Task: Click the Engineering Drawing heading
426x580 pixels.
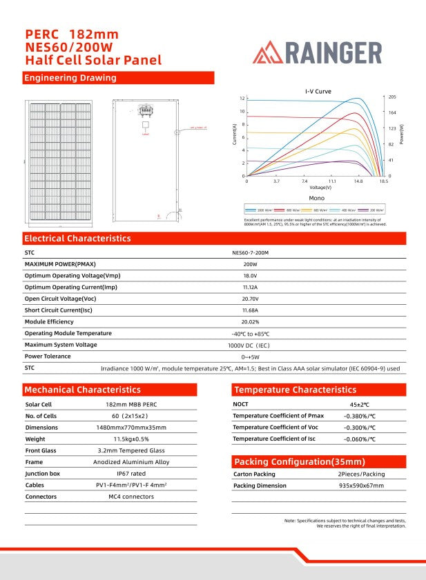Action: pyautogui.click(x=70, y=78)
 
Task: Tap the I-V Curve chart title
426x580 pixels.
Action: pyautogui.click(x=318, y=91)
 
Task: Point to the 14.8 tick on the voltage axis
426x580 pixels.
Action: pyautogui.click(x=358, y=181)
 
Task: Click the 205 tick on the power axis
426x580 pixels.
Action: pyautogui.click(x=392, y=97)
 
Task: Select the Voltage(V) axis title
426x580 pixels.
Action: pyautogui.click(x=320, y=187)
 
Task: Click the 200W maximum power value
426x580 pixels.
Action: pyautogui.click(x=250, y=264)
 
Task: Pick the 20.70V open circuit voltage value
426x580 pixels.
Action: pyautogui.click(x=250, y=299)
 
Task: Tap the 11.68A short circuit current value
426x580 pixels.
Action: pyautogui.click(x=250, y=310)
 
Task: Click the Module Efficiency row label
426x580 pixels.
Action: pyautogui.click(x=49, y=322)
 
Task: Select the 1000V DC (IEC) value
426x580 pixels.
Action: pyautogui.click(x=250, y=345)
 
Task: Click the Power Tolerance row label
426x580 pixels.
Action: pyautogui.click(x=48, y=357)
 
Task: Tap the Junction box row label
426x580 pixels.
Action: pyautogui.click(x=43, y=474)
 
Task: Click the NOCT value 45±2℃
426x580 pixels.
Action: pyautogui.click(x=359, y=405)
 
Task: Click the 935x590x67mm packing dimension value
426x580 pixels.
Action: pyautogui.click(x=361, y=486)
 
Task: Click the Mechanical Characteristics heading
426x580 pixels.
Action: pyautogui.click(x=82, y=390)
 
